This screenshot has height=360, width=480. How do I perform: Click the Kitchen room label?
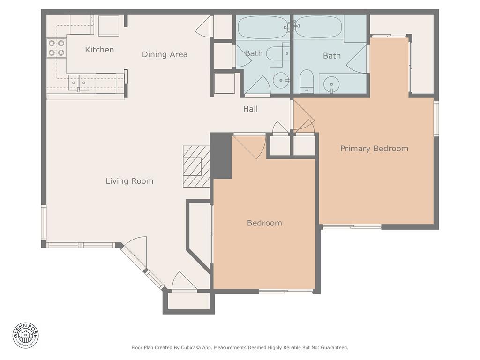(x=99, y=50)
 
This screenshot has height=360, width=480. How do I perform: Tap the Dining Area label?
(x=165, y=54)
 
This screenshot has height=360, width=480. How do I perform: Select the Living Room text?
(x=129, y=181)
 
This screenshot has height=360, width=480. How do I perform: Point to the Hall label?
(x=250, y=109)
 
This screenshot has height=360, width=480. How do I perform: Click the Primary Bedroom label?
(x=374, y=149)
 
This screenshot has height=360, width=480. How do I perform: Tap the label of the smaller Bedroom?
(x=264, y=223)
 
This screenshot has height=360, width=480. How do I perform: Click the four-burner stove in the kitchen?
(x=56, y=48)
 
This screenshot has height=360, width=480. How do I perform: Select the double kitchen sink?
(x=78, y=82)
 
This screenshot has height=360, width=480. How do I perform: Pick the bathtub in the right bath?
(x=319, y=27)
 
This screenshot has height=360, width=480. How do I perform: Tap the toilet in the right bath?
(x=306, y=81)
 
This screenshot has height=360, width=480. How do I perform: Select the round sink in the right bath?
(x=332, y=84)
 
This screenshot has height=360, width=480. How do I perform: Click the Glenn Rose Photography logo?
(x=26, y=335)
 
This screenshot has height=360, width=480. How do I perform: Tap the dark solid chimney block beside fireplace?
(x=221, y=156)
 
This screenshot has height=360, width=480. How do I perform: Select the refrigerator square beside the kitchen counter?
(x=109, y=25)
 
